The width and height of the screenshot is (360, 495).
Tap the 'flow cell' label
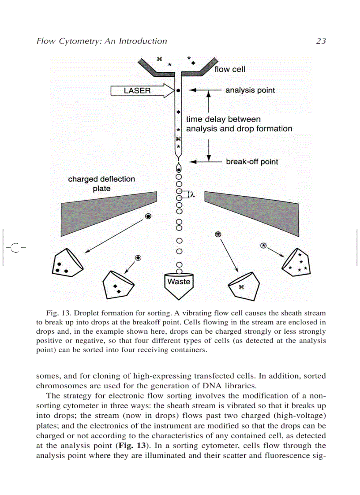pyautogui.click(x=229, y=69)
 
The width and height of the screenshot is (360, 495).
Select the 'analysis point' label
pyautogui.click(x=250, y=90)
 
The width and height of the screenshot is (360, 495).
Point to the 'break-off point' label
pyautogui.click(x=252, y=162)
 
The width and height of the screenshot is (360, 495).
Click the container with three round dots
pyautogui.click(x=66, y=264)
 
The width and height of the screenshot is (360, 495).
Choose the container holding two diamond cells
pyautogui.click(x=117, y=284)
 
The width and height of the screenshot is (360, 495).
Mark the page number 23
pyautogui.click(x=321, y=41)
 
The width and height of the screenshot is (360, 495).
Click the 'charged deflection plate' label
pyautogui.click(x=101, y=184)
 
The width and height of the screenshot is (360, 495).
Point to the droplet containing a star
pyautogui.click(x=263, y=246)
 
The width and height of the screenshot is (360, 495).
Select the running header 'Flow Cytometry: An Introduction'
pyautogui.click(x=101, y=41)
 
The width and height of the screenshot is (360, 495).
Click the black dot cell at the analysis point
pyautogui.click(x=178, y=90)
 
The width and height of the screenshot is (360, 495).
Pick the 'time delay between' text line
pyautogui.click(x=223, y=119)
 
